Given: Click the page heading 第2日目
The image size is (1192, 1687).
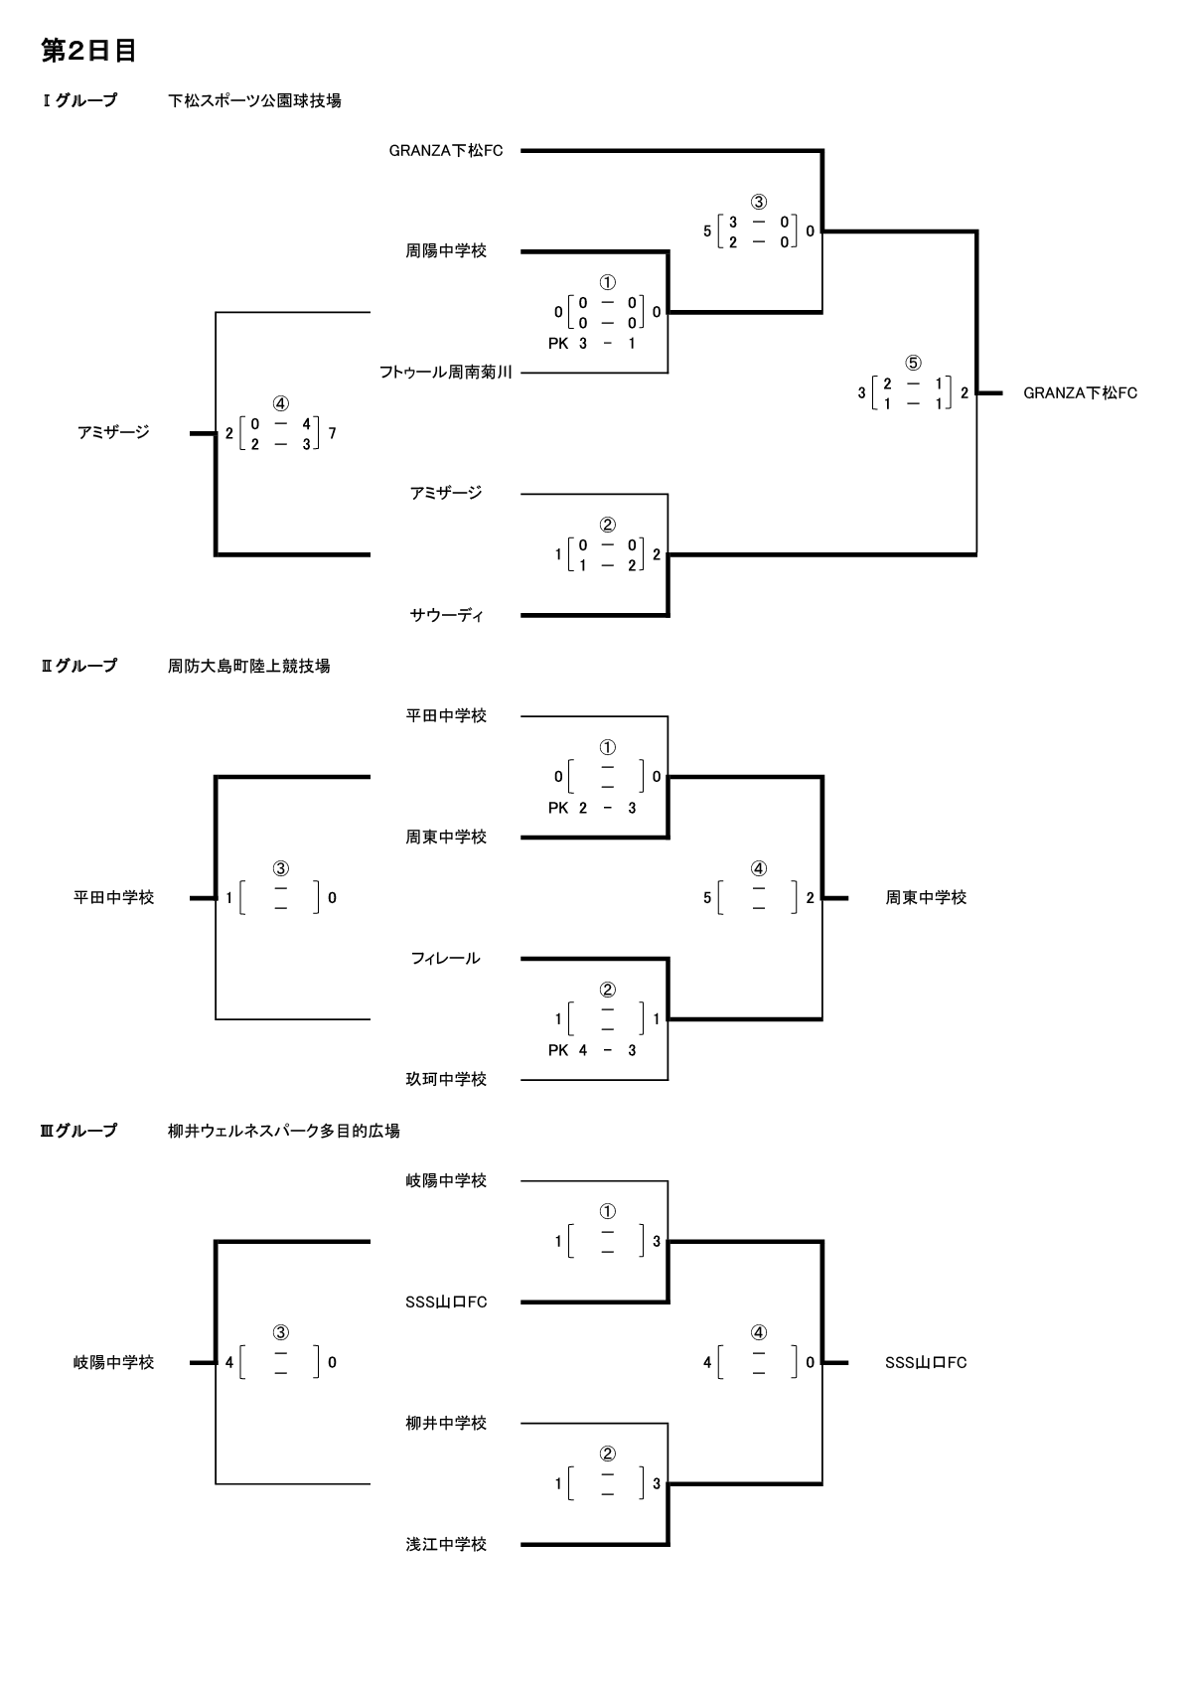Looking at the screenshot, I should (88, 52).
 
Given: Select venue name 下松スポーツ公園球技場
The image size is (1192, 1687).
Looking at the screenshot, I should (254, 100).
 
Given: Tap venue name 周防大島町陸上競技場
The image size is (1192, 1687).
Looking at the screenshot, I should (248, 666).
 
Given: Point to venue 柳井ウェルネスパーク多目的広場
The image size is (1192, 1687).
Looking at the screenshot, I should (283, 1131).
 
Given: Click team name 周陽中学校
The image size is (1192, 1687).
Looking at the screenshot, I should (446, 251).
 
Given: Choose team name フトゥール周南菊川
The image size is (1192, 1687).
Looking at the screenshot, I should (445, 373).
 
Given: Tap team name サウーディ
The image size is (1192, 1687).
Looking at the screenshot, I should (446, 615).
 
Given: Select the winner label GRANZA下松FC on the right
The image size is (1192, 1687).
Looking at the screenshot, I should (1080, 393).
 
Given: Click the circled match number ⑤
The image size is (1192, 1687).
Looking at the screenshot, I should (913, 363).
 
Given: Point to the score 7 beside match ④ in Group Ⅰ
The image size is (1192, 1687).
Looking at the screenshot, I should (332, 434).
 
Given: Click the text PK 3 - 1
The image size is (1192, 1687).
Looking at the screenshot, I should (592, 344).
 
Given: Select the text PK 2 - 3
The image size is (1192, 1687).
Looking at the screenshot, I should (592, 809).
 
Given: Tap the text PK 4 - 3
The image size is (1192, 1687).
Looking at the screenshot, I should (592, 1050).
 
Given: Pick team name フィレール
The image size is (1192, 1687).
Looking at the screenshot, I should (445, 958).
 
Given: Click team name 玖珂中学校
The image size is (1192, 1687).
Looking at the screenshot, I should (446, 1079).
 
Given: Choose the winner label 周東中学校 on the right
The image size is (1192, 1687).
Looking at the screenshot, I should (926, 898).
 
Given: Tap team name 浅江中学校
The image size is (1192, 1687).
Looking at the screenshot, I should (446, 1544).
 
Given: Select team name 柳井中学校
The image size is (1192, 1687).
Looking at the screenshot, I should (446, 1423).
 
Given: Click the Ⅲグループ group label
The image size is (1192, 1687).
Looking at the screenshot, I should (78, 1131).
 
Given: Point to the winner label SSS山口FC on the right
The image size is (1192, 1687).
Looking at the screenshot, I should (926, 1363).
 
